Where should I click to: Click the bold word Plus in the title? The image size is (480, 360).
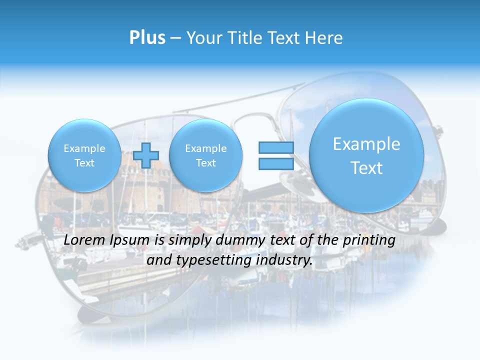click(x=147, y=38)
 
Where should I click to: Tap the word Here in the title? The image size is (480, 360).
click(x=325, y=38)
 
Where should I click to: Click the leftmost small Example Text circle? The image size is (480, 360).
click(x=84, y=155)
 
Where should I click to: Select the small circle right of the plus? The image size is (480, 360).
click(x=205, y=155)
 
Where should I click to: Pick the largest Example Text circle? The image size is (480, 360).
click(x=366, y=155)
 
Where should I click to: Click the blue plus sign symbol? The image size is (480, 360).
click(x=145, y=155)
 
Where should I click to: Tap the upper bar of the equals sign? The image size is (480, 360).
click(x=276, y=147)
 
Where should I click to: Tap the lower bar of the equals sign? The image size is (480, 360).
click(x=276, y=164)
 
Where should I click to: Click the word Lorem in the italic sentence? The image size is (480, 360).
click(x=84, y=240)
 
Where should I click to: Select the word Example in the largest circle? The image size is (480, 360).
click(x=366, y=144)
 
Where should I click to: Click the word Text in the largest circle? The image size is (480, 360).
click(x=366, y=168)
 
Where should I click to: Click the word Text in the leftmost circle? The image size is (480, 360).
click(x=84, y=163)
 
